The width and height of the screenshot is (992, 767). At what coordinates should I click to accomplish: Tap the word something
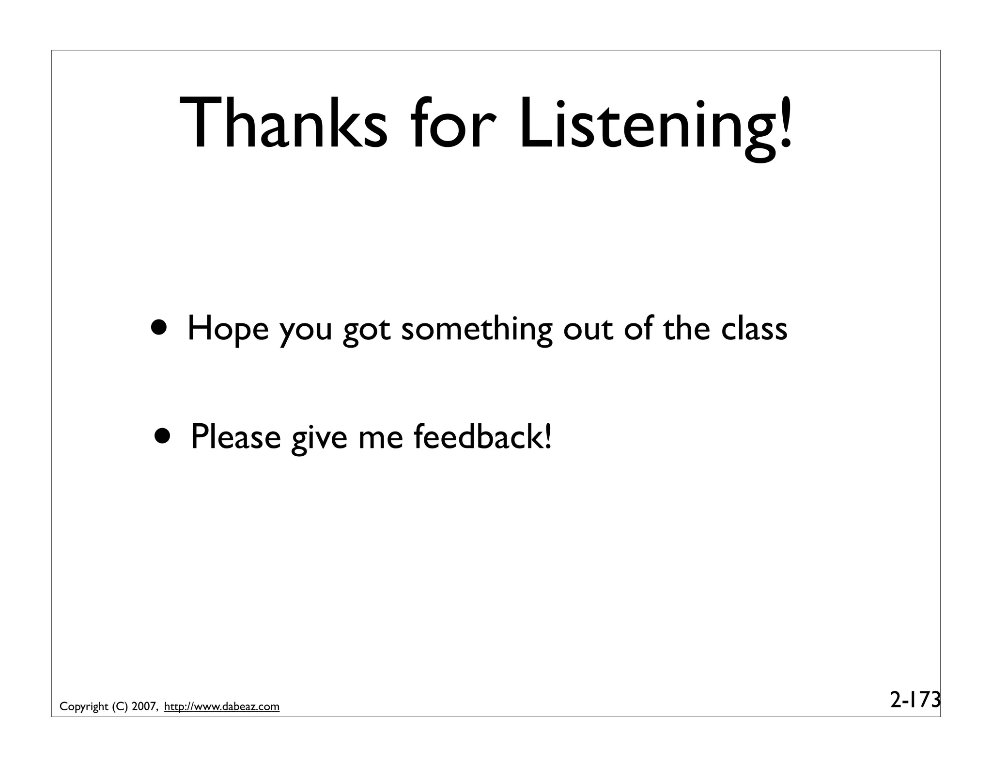pos(477,330)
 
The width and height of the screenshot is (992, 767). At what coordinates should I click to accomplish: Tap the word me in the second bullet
pos(380,437)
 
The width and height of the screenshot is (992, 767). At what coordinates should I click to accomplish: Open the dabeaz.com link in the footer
pos(222,707)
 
